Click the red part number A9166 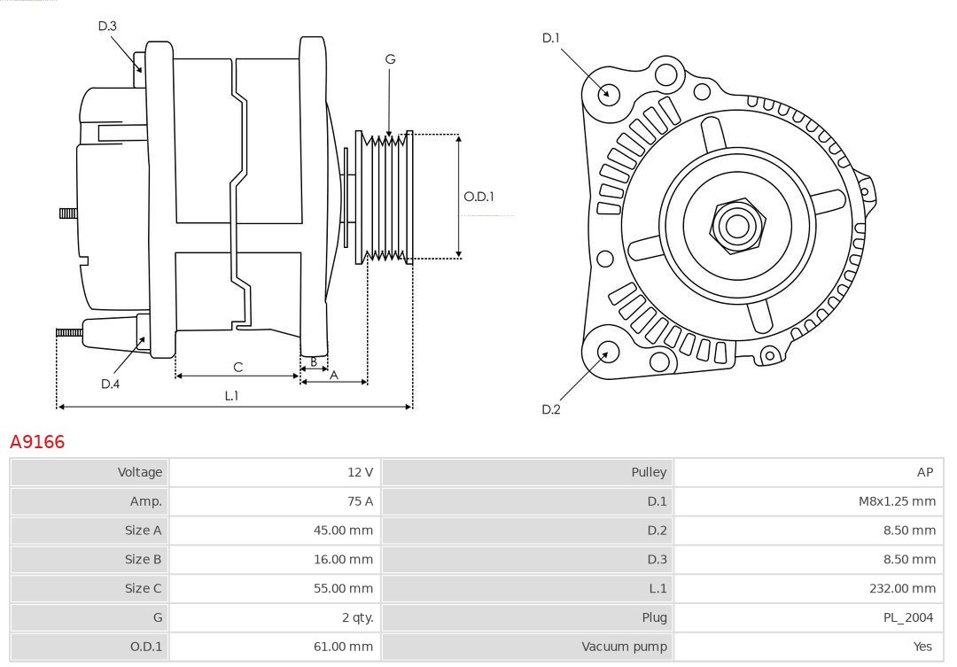(x=37, y=441)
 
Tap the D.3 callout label (x=107, y=26)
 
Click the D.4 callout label (x=110, y=384)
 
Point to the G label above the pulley (x=390, y=59)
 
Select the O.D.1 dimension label (x=479, y=197)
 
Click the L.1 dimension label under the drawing (x=231, y=396)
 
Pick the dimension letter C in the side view (x=237, y=367)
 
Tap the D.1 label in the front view (x=551, y=37)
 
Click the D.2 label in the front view (x=551, y=409)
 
